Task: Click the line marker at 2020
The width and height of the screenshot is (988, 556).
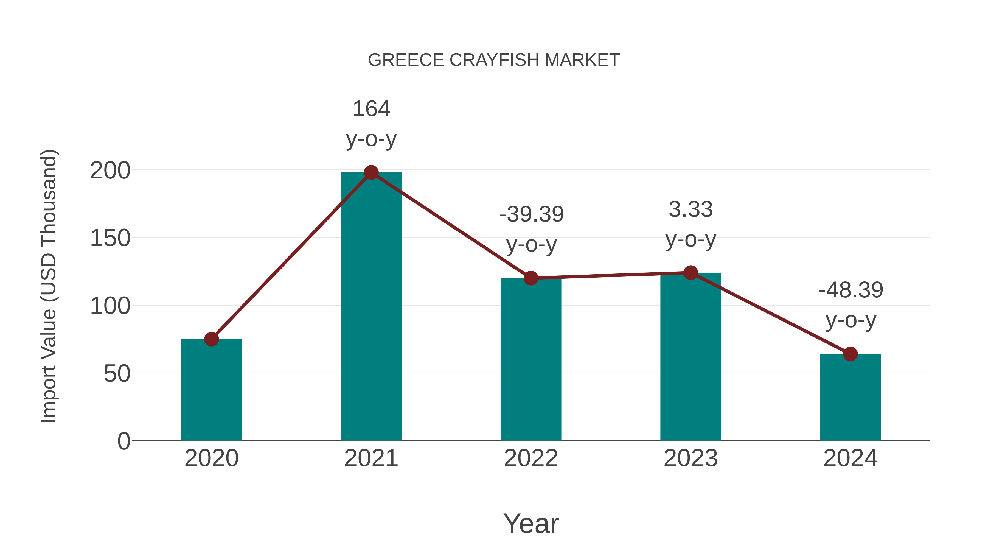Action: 211,339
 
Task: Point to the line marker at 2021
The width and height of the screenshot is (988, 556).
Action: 371,173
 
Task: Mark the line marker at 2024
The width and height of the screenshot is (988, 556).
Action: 850,354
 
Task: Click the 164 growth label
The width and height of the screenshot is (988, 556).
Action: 371,109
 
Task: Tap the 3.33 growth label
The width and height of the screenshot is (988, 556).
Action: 691,209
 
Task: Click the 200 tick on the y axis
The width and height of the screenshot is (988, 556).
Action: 110,171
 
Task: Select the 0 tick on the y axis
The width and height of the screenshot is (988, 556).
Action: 123,441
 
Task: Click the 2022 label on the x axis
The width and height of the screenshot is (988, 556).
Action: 531,458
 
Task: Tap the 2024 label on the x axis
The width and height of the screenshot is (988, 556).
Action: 850,458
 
